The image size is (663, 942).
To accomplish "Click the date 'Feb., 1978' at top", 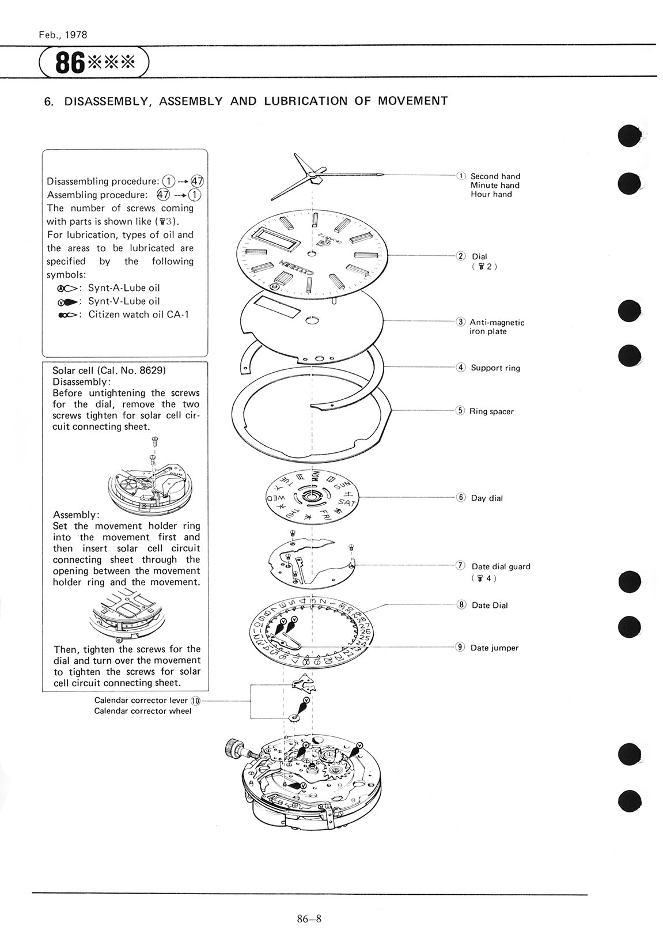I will [x=63, y=35].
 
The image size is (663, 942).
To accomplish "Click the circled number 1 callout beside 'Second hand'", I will [x=461, y=176].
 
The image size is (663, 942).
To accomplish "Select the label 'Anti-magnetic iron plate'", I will [x=497, y=327].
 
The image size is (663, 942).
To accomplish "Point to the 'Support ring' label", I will [x=495, y=368].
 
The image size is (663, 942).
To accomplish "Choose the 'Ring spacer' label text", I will [x=491, y=411].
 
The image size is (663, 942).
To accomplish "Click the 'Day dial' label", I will [x=487, y=498].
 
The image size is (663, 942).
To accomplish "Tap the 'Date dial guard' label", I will [x=501, y=566].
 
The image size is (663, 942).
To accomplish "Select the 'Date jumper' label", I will [x=494, y=648].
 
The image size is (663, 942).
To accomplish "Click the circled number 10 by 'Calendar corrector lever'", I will [x=196, y=701].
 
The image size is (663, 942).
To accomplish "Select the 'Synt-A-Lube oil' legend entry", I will [x=123, y=287].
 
